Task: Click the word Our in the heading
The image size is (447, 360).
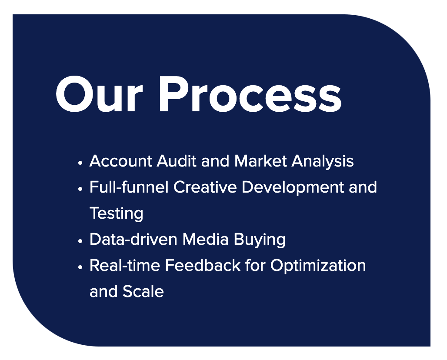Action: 99,94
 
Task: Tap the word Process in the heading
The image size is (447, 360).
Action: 250,94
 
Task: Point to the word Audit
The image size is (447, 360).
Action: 177,161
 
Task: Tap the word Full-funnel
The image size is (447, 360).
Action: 129,187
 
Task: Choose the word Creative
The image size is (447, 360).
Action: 205,187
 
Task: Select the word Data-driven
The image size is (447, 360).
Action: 133,239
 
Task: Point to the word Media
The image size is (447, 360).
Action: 205,239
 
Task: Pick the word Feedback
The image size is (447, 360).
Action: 203,265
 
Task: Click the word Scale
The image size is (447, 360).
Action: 143,292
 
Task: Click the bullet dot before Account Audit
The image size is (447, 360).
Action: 80,163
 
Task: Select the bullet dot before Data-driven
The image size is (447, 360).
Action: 80,241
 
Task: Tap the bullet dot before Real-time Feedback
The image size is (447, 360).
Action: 80,267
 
